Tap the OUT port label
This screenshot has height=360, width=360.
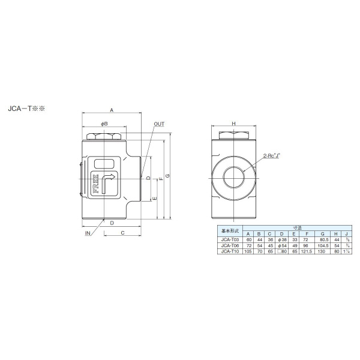159,124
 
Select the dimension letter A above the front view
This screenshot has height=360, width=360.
111,110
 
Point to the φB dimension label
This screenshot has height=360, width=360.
104,124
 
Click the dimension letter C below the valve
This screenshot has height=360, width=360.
122,232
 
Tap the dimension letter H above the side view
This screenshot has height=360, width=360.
234,124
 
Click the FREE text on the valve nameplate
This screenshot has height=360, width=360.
94,184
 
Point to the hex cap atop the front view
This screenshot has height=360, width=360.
105,136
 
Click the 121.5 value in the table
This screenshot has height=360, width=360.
307,251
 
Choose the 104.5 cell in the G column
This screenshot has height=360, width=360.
323,246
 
